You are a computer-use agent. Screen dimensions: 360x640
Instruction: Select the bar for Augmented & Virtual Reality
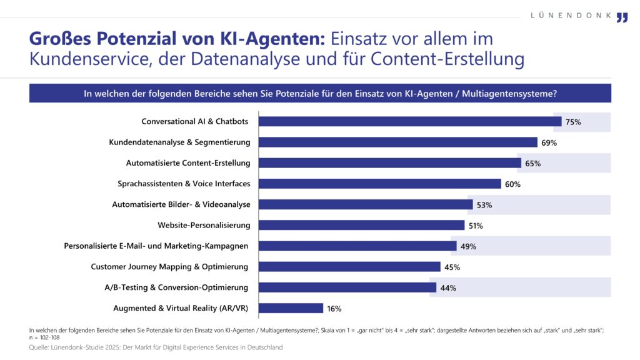(291, 308)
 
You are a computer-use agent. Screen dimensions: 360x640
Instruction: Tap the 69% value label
(549, 142)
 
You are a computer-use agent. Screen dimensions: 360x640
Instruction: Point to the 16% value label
(334, 308)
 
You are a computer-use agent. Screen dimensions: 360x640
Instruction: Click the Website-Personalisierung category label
(204, 225)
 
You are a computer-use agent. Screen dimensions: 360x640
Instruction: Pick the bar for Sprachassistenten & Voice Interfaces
(379, 184)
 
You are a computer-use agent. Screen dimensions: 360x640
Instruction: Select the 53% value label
(484, 205)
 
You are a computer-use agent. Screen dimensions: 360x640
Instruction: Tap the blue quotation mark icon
(621, 17)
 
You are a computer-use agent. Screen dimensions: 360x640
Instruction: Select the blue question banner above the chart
(320, 94)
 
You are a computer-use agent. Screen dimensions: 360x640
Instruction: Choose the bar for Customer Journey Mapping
(349, 267)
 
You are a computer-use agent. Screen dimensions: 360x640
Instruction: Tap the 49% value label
(468, 246)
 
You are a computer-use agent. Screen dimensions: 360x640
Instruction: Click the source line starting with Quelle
(156, 347)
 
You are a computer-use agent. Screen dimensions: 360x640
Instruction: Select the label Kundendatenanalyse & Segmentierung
(179, 142)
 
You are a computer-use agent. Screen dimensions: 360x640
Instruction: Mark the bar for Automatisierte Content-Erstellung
(389, 163)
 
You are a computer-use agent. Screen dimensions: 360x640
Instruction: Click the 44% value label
(447, 288)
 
